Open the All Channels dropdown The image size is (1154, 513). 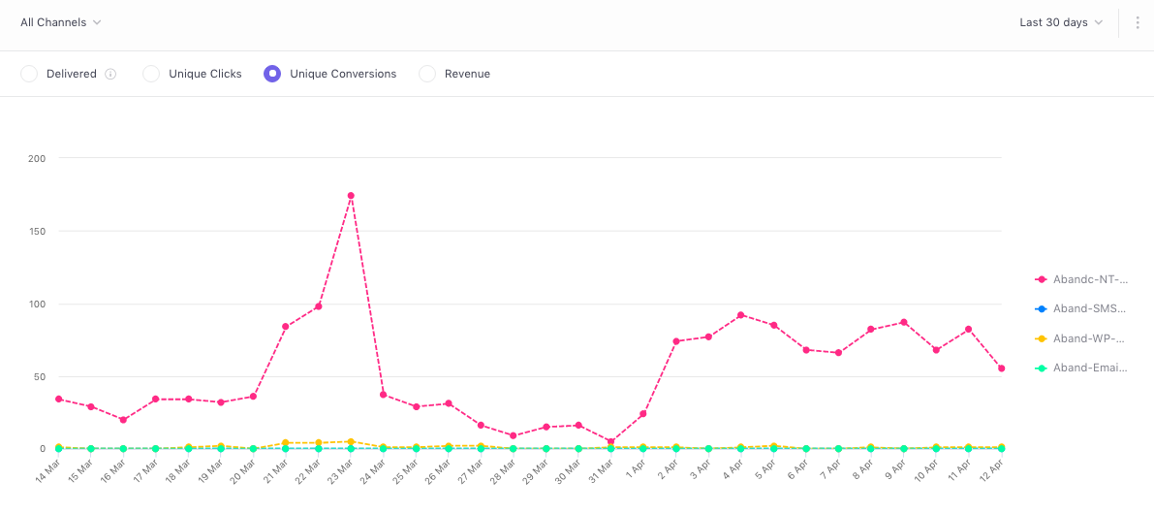click(x=61, y=22)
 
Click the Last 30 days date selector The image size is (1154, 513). click(x=1061, y=22)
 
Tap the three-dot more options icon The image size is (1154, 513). click(x=1137, y=22)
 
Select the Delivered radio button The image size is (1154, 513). click(x=29, y=74)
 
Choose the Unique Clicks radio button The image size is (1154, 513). click(x=151, y=74)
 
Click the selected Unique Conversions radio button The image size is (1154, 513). click(x=272, y=74)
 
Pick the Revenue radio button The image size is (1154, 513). click(x=427, y=74)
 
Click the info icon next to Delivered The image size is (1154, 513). click(x=110, y=74)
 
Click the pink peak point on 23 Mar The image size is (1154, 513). click(x=351, y=196)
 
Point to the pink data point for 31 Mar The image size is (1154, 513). click(x=610, y=441)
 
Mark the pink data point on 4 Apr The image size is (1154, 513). click(x=741, y=315)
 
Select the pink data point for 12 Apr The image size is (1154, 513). click(x=1001, y=369)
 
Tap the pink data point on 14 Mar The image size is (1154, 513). click(x=58, y=399)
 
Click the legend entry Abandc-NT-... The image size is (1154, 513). click(x=1080, y=279)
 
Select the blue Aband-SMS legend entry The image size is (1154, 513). click(x=1080, y=308)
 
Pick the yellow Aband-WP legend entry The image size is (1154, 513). click(x=1080, y=338)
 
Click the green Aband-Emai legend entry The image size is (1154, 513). click(x=1080, y=369)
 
